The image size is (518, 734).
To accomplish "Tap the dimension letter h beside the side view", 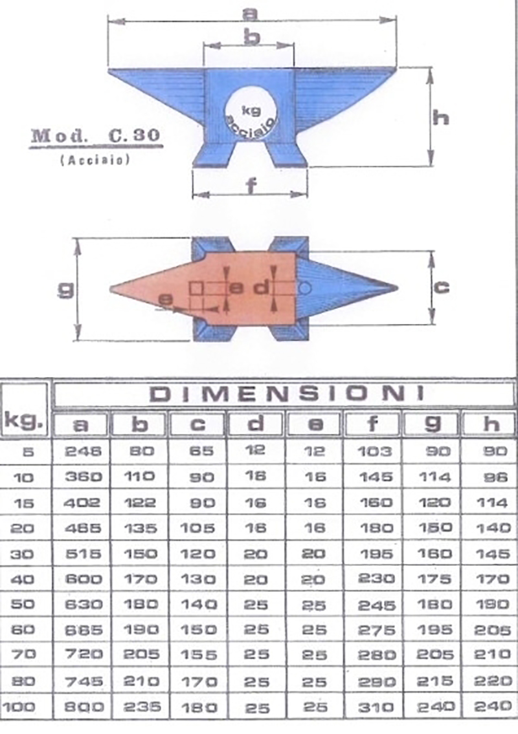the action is pos(441,117).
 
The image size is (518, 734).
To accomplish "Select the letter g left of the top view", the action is pos(65,290).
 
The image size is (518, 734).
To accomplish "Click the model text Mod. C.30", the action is pos(95,136).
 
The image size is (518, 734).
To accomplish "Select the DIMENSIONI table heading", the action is pos(286,393).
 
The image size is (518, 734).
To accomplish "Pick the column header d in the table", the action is pos(256,424).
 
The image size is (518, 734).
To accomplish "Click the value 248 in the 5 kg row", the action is pos(83,451).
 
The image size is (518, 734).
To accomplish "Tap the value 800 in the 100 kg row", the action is pos(83,707).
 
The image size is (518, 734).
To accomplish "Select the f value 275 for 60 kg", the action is pos(376,630).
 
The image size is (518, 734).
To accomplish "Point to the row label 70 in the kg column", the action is pos(25,655).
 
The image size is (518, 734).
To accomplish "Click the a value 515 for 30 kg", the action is pos(83,554).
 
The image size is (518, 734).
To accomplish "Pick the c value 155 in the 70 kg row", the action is pos(199,655).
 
